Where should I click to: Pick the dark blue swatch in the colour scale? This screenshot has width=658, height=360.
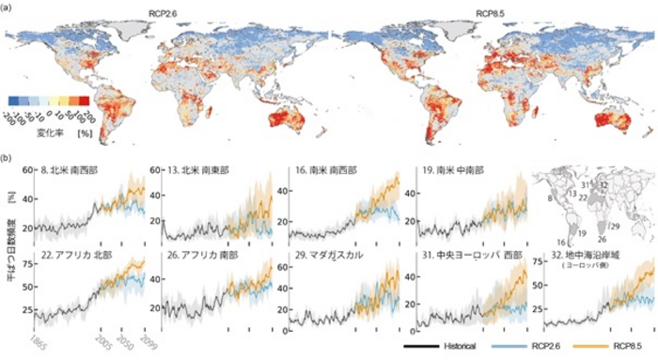13,98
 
